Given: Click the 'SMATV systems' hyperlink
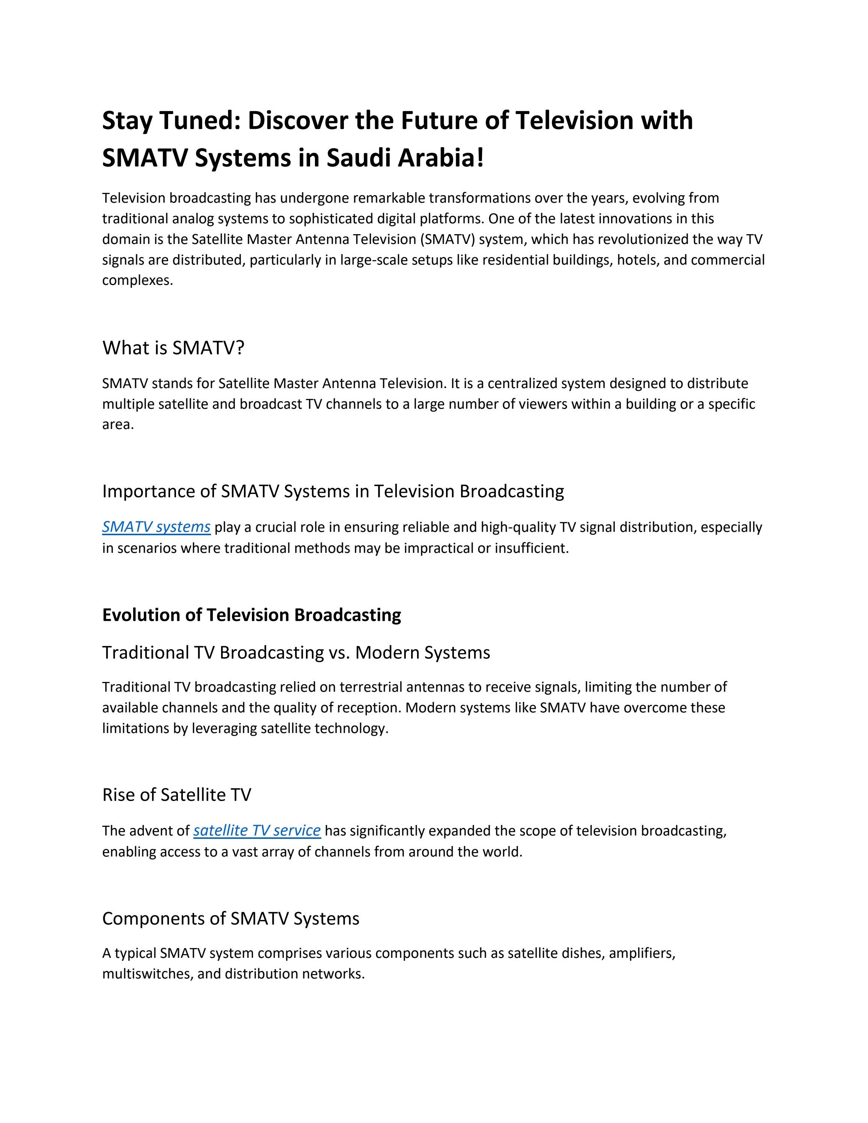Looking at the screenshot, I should [x=156, y=527].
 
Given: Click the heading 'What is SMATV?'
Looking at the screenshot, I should [x=173, y=348].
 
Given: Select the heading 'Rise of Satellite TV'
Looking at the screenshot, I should [x=176, y=795].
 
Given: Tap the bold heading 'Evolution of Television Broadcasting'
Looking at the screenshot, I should [x=252, y=615].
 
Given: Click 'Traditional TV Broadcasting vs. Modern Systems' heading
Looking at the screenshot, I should [x=296, y=652].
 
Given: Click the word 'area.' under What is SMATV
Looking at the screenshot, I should [x=118, y=425].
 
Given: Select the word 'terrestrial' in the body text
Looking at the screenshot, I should [x=371, y=687].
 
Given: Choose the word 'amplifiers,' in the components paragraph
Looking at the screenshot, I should [x=641, y=953].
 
